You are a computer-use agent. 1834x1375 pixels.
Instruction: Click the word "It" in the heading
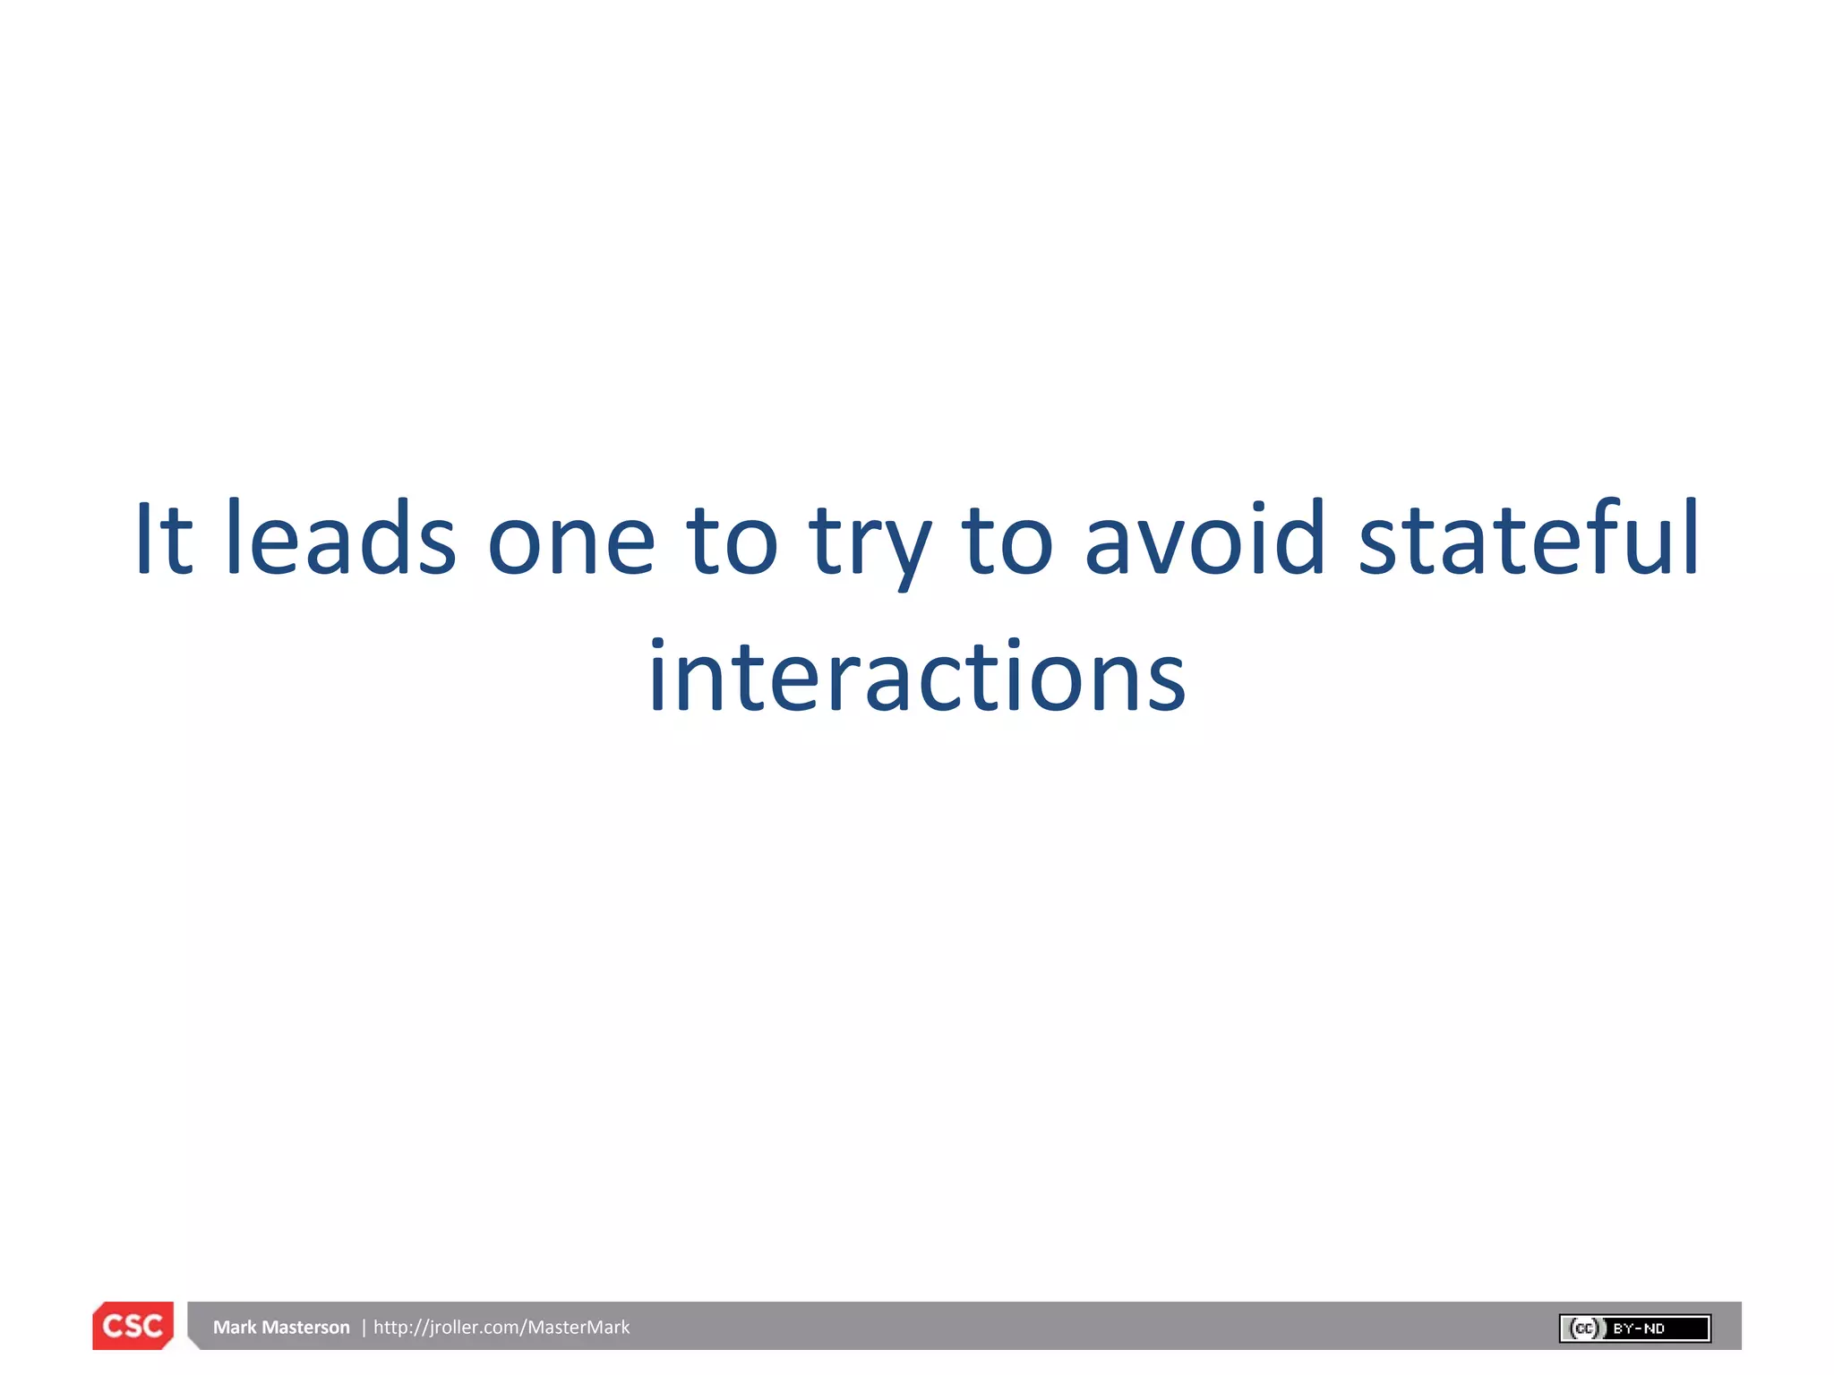tap(163, 539)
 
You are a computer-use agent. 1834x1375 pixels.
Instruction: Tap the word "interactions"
tap(917, 678)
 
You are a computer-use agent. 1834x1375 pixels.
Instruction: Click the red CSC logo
tap(133, 1326)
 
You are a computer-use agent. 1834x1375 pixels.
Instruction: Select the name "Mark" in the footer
tap(235, 1328)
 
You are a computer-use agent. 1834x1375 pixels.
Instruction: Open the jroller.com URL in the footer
tap(501, 1328)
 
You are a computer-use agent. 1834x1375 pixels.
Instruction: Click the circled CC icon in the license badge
tap(1584, 1328)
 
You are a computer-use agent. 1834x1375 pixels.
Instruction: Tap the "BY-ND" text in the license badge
tap(1639, 1328)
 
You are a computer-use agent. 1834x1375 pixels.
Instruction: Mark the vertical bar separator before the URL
tap(364, 1328)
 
